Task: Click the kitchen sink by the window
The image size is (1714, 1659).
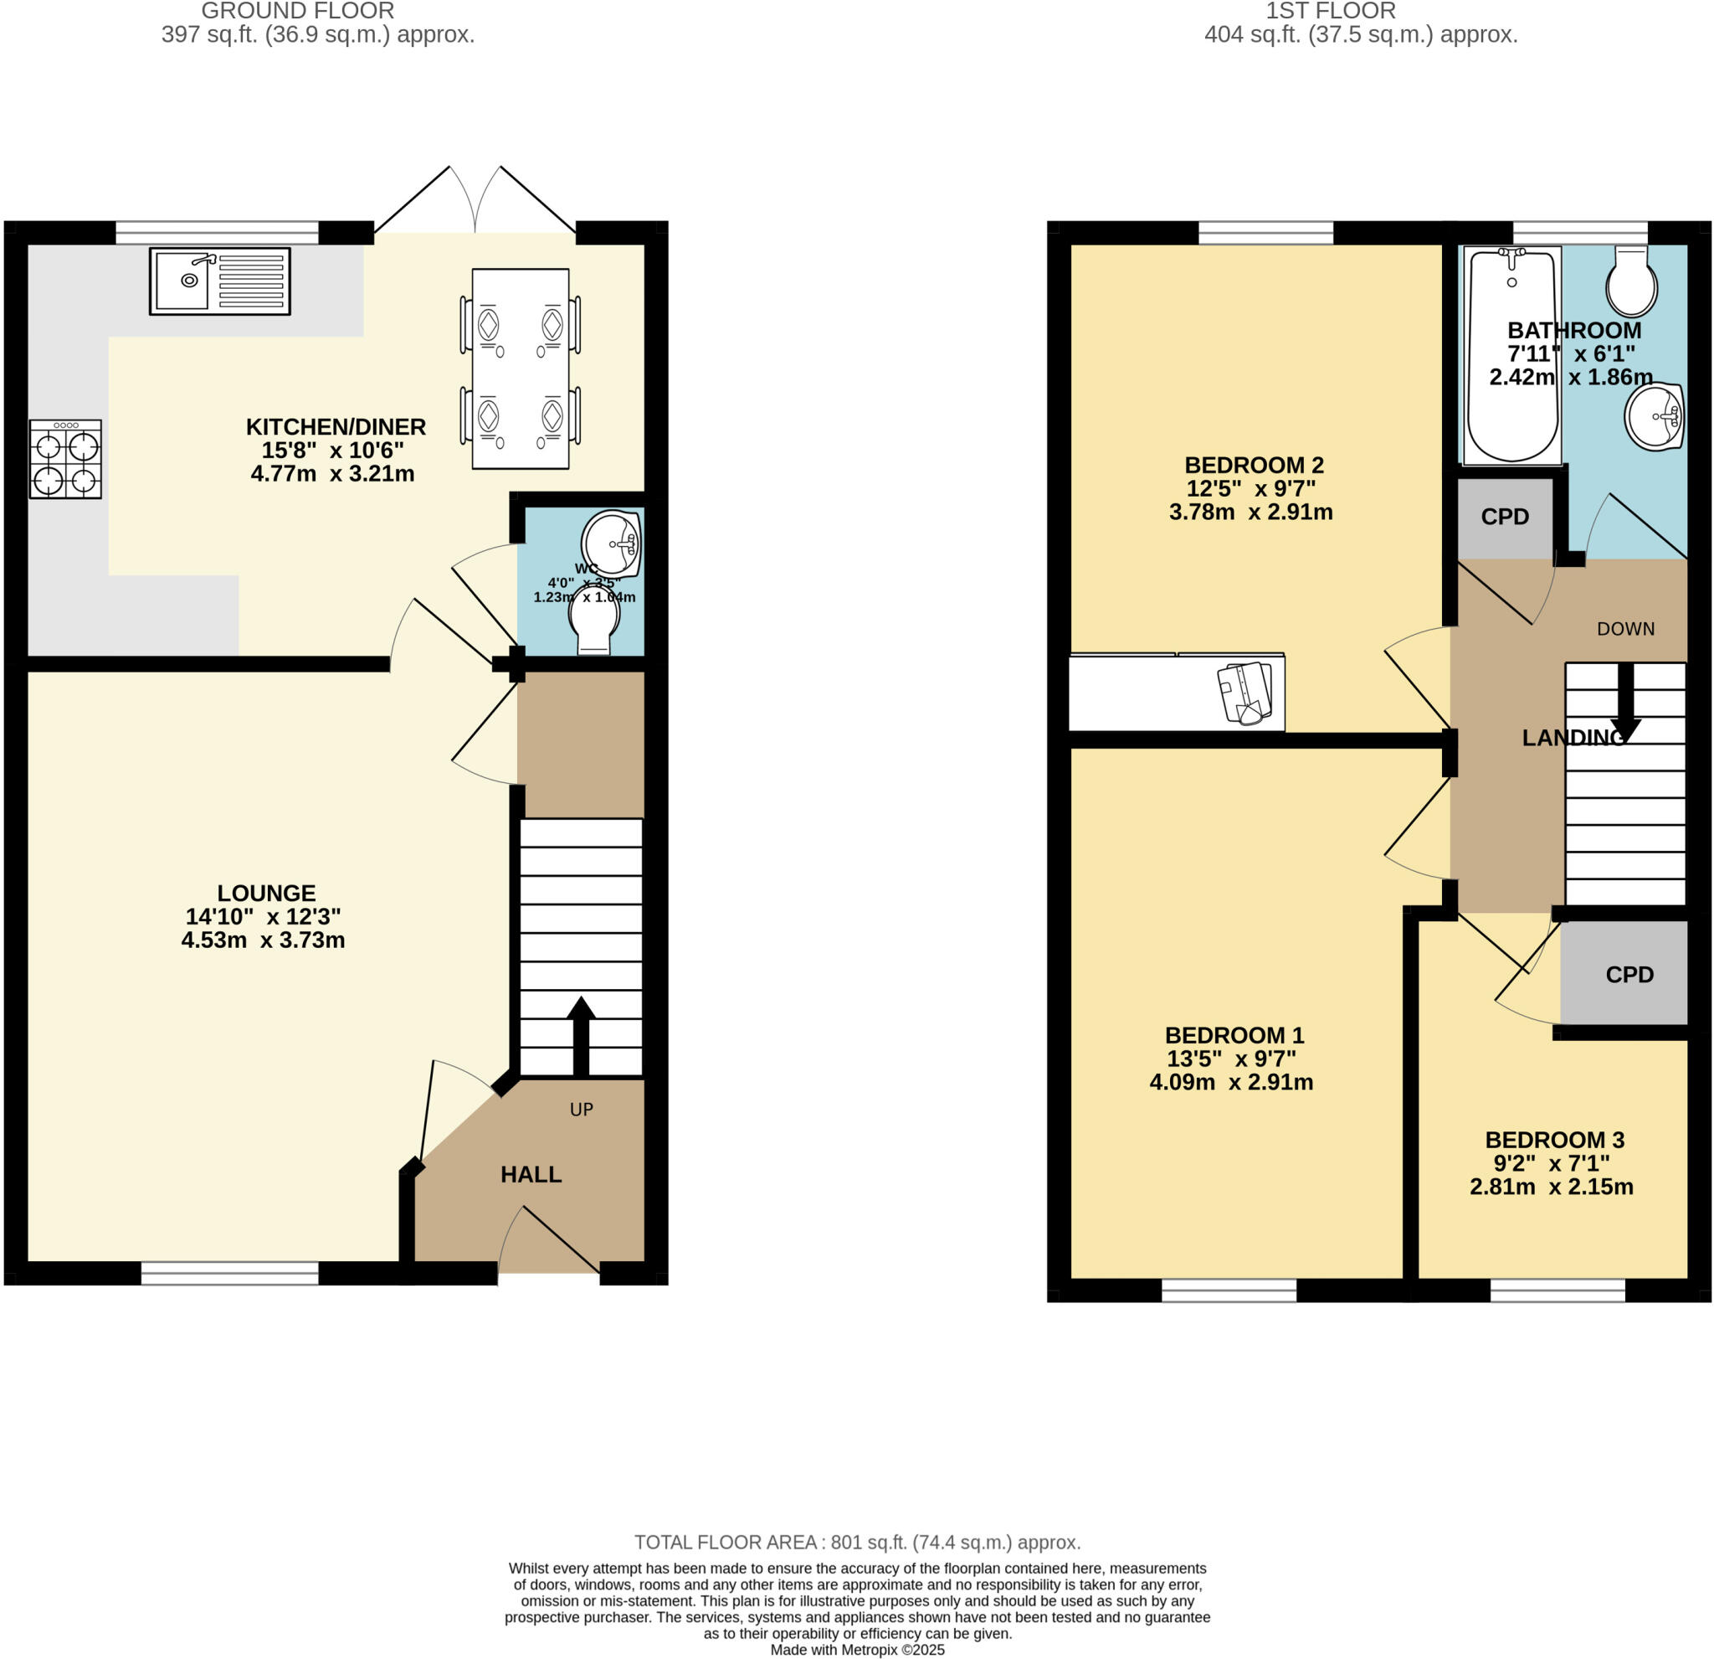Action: tap(219, 281)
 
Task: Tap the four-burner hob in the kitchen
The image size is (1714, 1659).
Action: tap(65, 460)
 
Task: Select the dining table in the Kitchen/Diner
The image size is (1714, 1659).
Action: tap(521, 368)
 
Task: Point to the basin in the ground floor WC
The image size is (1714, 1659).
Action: tap(612, 542)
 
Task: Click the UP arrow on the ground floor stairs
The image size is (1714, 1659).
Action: tap(581, 1036)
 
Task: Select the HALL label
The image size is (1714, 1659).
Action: tap(531, 1175)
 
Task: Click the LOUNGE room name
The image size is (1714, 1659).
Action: tap(266, 894)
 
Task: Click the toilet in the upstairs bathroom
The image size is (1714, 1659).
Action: tap(1631, 280)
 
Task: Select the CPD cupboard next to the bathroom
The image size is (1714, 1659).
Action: tap(1505, 517)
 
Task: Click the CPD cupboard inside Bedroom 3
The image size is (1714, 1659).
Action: tap(1629, 975)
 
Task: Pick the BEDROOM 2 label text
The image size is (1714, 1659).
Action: tap(1253, 466)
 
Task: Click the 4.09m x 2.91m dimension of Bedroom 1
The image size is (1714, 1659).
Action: tap(1230, 1082)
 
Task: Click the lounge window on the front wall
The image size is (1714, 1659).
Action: tap(230, 1273)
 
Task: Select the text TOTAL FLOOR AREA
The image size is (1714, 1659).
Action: tap(725, 1543)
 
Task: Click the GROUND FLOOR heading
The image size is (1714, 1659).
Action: tap(297, 12)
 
